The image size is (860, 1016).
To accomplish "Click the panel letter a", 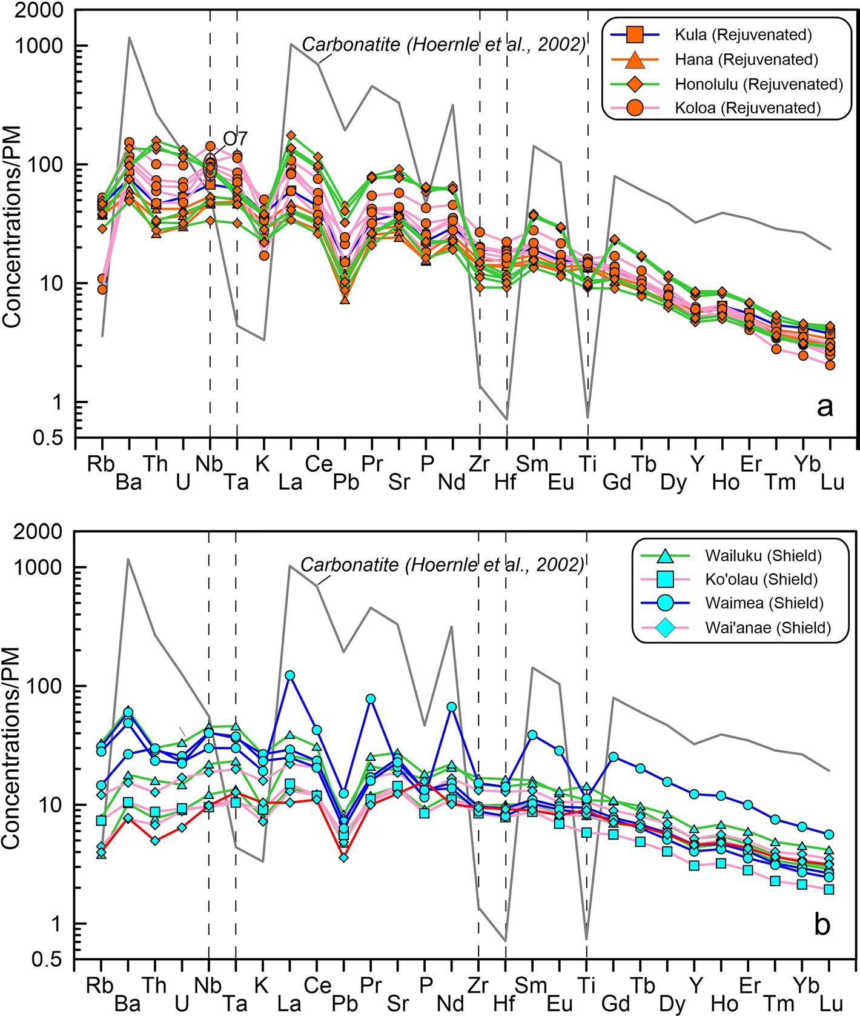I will (x=824, y=407).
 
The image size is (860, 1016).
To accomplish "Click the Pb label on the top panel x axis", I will (x=346, y=483).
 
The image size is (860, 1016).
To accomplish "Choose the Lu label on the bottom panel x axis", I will (x=832, y=1004).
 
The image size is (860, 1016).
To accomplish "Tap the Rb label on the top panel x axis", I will (x=101, y=464).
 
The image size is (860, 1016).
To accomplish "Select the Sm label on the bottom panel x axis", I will (x=531, y=986).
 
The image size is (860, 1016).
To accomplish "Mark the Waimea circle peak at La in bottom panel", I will (x=290, y=675).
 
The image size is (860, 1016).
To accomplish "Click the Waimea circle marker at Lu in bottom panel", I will (x=829, y=835).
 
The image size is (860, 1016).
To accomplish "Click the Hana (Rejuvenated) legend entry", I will (x=746, y=59).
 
